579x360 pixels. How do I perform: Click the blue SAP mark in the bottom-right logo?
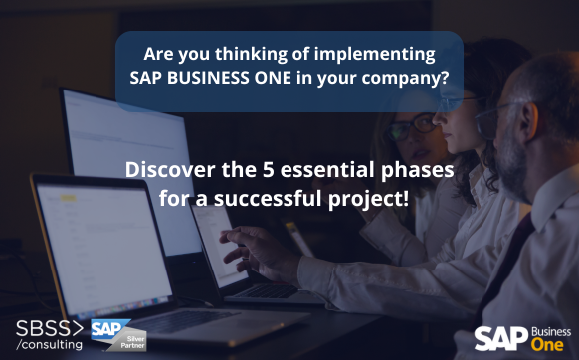(x=493, y=338)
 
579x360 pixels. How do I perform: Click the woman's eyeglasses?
(x=423, y=124)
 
